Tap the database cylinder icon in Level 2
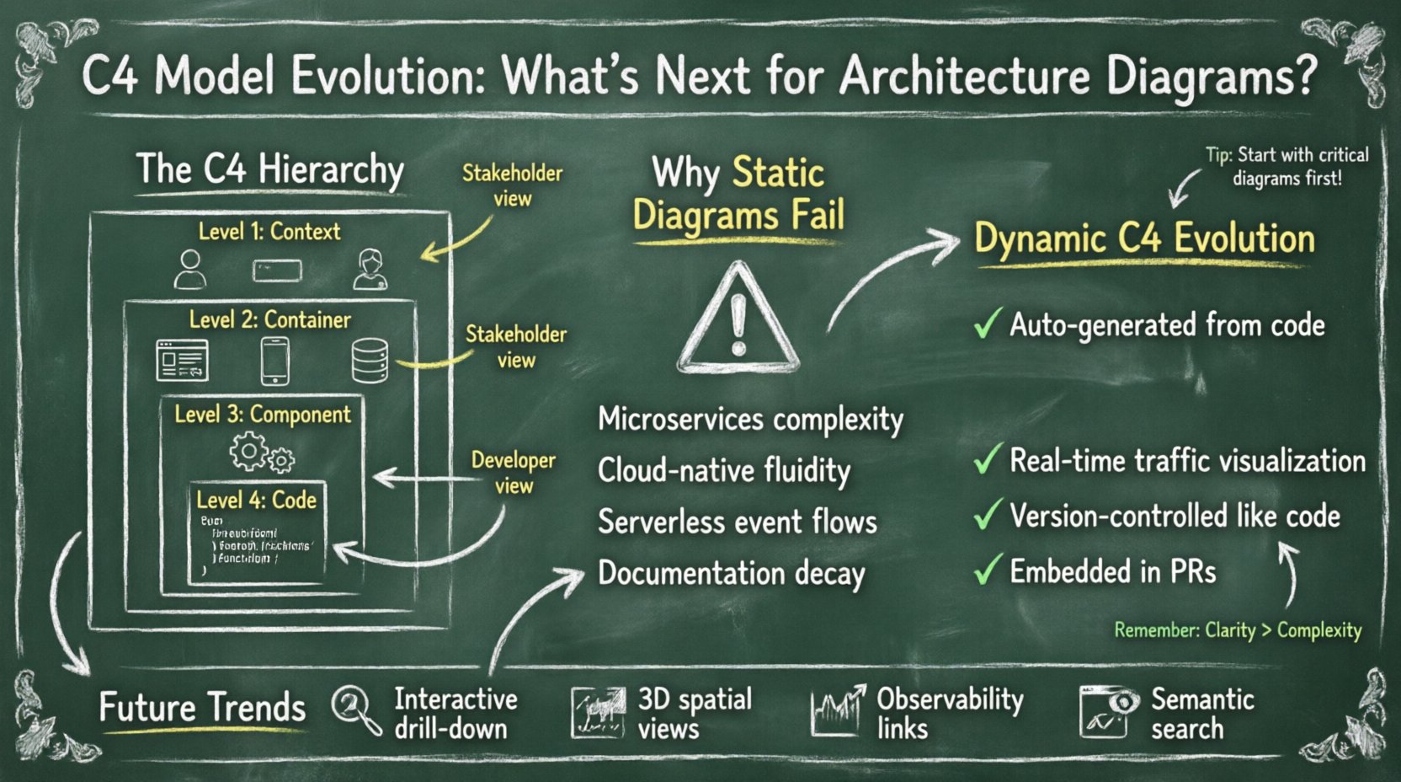point(370,361)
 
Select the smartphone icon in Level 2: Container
point(275,361)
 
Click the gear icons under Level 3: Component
point(262,453)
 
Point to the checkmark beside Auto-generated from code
point(987,324)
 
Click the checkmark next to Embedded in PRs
point(987,570)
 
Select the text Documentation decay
point(731,574)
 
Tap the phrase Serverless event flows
point(737,522)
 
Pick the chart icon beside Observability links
point(837,711)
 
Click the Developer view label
point(513,472)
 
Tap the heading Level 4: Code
point(256,501)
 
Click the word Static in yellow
point(778,174)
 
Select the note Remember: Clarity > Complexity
point(1237,630)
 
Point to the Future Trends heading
point(202,707)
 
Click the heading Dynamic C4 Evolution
point(1143,239)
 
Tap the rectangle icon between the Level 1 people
point(277,270)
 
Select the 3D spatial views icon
point(598,712)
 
